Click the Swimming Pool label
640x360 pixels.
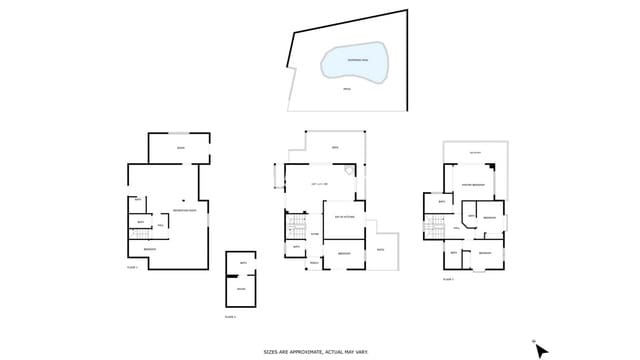click(x=356, y=60)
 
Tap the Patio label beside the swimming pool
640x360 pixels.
click(x=347, y=90)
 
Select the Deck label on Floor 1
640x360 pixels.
click(x=180, y=149)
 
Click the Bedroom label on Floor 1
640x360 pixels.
click(x=150, y=248)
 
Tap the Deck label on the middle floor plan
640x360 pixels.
click(x=335, y=148)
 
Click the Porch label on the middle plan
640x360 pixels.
click(x=314, y=263)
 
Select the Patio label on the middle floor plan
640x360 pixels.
click(x=381, y=249)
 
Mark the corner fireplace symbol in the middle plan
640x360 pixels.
click(x=349, y=171)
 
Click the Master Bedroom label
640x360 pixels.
click(x=473, y=185)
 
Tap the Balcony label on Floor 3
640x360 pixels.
click(x=475, y=153)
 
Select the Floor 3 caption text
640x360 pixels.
click(x=449, y=279)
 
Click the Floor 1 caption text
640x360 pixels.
click(x=132, y=267)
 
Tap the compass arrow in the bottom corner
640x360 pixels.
click(x=540, y=350)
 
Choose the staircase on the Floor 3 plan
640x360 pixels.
click(x=432, y=232)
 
